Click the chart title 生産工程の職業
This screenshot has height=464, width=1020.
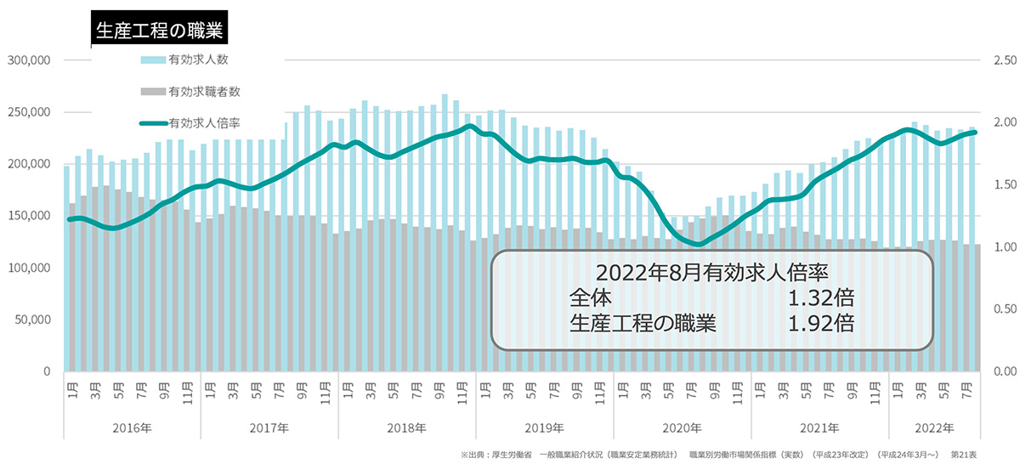159,31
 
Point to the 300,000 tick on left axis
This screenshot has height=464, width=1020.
30,60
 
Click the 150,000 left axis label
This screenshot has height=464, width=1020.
30,216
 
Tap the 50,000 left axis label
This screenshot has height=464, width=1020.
33,320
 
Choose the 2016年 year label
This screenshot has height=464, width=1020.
132,427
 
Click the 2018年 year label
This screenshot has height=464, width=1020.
406,427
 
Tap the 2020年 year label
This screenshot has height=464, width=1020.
682,427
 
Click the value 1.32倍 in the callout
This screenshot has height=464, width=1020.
820,298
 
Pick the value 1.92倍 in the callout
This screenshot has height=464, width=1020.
820,324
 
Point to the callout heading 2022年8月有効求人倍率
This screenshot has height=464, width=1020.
712,274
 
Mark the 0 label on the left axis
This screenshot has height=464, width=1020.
48,371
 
